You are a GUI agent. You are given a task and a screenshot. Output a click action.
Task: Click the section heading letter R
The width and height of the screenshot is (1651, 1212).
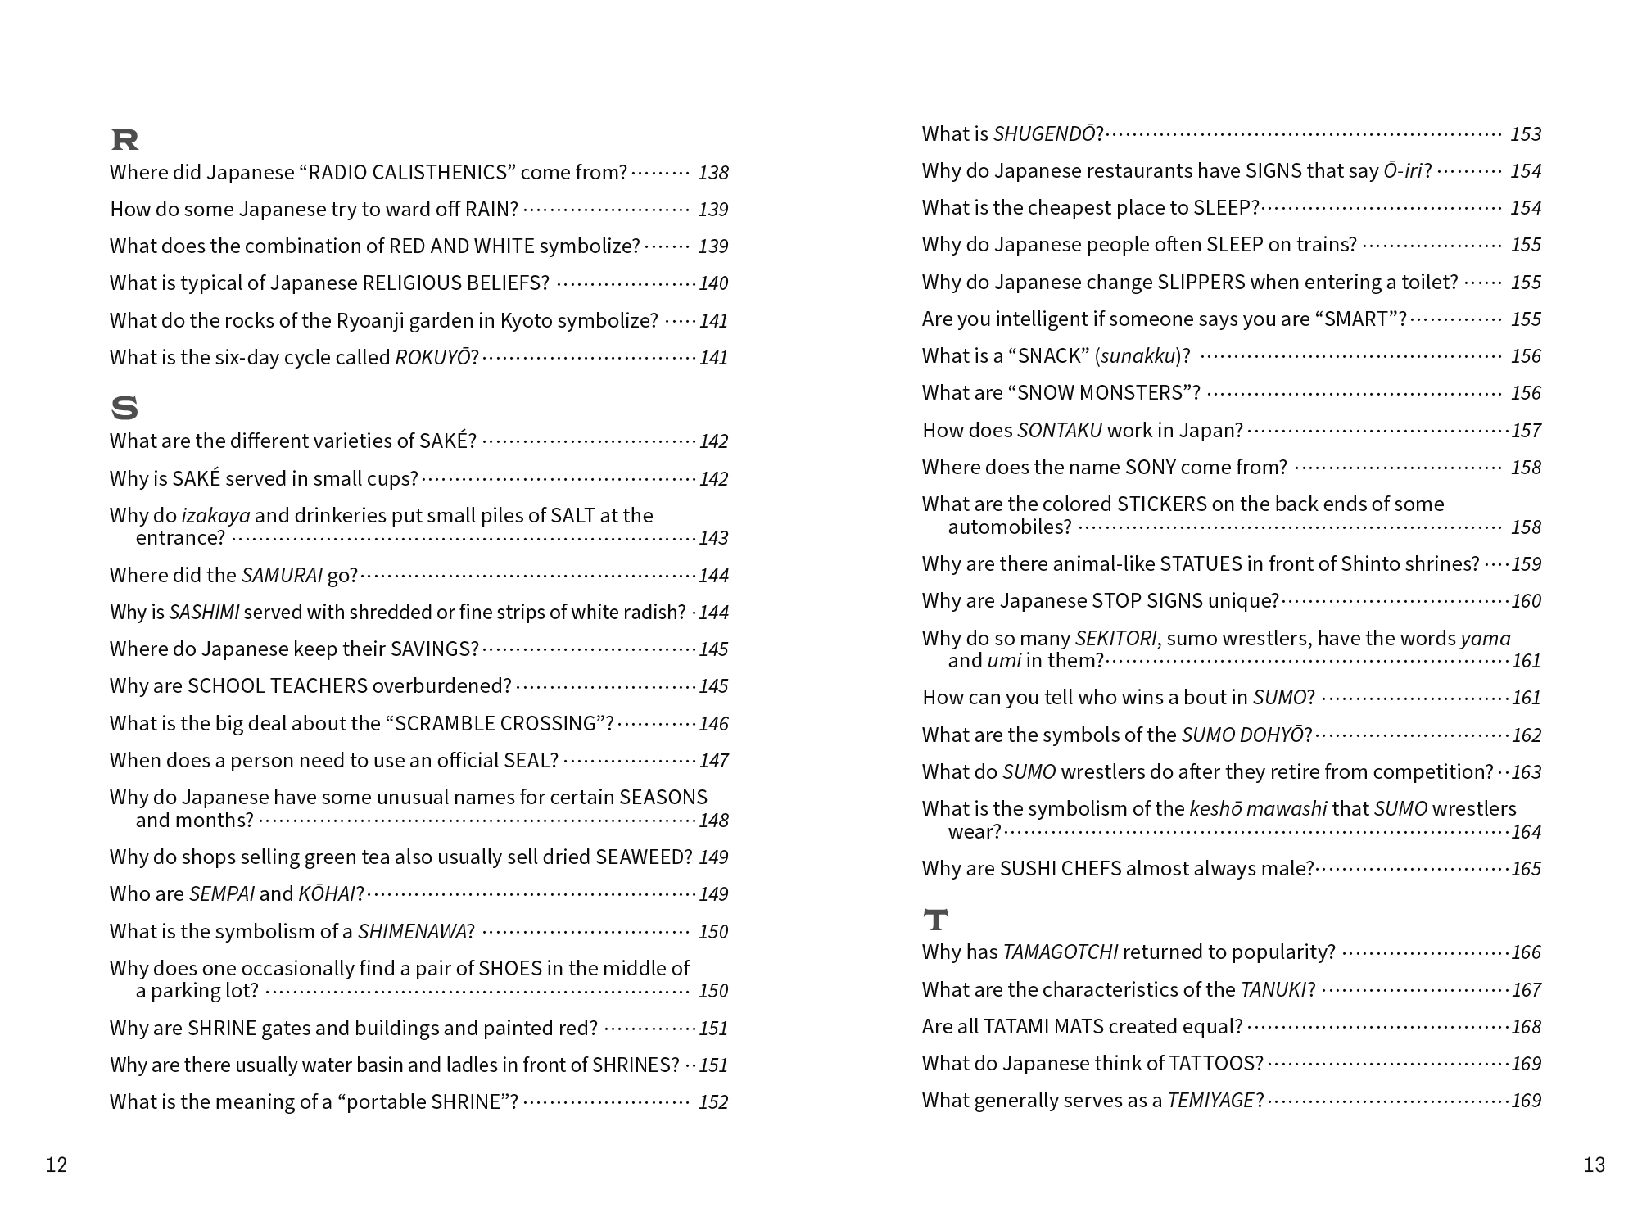pyautogui.click(x=124, y=140)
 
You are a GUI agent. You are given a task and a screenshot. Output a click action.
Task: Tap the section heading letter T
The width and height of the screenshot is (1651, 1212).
pyautogui.click(x=935, y=920)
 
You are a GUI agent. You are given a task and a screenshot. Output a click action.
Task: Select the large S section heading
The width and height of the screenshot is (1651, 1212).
pyautogui.click(x=124, y=408)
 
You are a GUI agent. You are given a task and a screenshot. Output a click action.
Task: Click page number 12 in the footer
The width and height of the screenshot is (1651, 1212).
pyautogui.click(x=57, y=1165)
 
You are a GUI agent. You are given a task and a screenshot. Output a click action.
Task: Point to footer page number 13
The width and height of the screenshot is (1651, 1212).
pyautogui.click(x=1594, y=1165)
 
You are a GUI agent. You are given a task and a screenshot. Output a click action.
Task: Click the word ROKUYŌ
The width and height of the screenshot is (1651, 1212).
pyautogui.click(x=432, y=358)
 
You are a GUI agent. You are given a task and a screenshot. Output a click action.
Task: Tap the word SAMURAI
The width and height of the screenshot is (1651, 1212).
pyautogui.click(x=282, y=576)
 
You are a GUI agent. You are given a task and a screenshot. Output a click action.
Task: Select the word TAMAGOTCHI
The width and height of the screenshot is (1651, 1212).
pyautogui.click(x=1060, y=952)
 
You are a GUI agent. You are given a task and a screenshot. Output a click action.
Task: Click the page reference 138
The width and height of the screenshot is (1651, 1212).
pyautogui.click(x=712, y=173)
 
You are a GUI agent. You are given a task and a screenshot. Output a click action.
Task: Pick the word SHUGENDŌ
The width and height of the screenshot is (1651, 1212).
pyautogui.click(x=1044, y=134)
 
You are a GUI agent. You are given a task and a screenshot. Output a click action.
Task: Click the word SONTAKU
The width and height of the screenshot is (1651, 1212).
pyautogui.click(x=1059, y=431)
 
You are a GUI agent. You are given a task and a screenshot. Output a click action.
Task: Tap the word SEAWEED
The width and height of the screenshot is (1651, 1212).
pyautogui.click(x=644, y=857)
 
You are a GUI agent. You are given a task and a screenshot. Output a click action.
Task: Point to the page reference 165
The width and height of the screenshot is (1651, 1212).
pyautogui.click(x=1526, y=869)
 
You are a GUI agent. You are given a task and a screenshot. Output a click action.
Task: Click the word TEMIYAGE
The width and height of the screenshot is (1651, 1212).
pyautogui.click(x=1210, y=1101)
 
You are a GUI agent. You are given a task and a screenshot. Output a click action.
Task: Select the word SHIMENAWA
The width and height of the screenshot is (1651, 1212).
pyautogui.click(x=412, y=932)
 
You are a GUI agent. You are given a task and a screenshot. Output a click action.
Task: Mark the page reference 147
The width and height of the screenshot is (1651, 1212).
pyautogui.click(x=713, y=761)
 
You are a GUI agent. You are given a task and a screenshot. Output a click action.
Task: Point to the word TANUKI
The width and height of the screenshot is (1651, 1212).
pyautogui.click(x=1273, y=990)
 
